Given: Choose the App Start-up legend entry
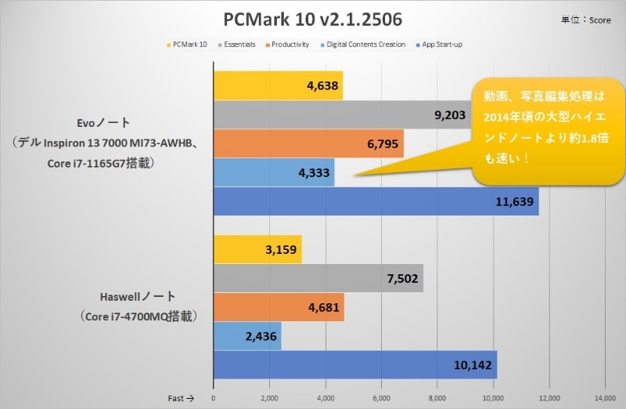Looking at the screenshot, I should (x=442, y=45).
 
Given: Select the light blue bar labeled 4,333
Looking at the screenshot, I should (x=274, y=172).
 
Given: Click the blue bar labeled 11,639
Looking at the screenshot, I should (x=376, y=201).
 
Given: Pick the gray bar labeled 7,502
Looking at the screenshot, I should (x=318, y=278).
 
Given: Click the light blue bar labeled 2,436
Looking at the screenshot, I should (x=246, y=336).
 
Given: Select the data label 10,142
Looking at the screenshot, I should (x=473, y=365).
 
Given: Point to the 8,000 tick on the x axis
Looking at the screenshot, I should (x=437, y=397).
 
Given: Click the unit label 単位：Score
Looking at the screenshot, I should (x=588, y=20).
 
